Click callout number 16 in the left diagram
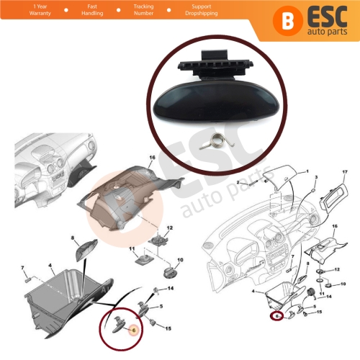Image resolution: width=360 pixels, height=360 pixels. pyautogui.click(x=153, y=156)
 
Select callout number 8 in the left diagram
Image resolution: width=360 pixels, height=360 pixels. pyautogui.click(x=73, y=237)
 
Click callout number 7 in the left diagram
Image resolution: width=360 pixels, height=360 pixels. pyautogui.click(x=23, y=269)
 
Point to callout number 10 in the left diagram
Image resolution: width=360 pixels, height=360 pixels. pyautogui.click(x=181, y=260)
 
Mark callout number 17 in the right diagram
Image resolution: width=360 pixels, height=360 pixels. pyautogui.click(x=345, y=171)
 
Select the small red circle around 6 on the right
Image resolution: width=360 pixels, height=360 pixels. pyautogui.click(x=277, y=315)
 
